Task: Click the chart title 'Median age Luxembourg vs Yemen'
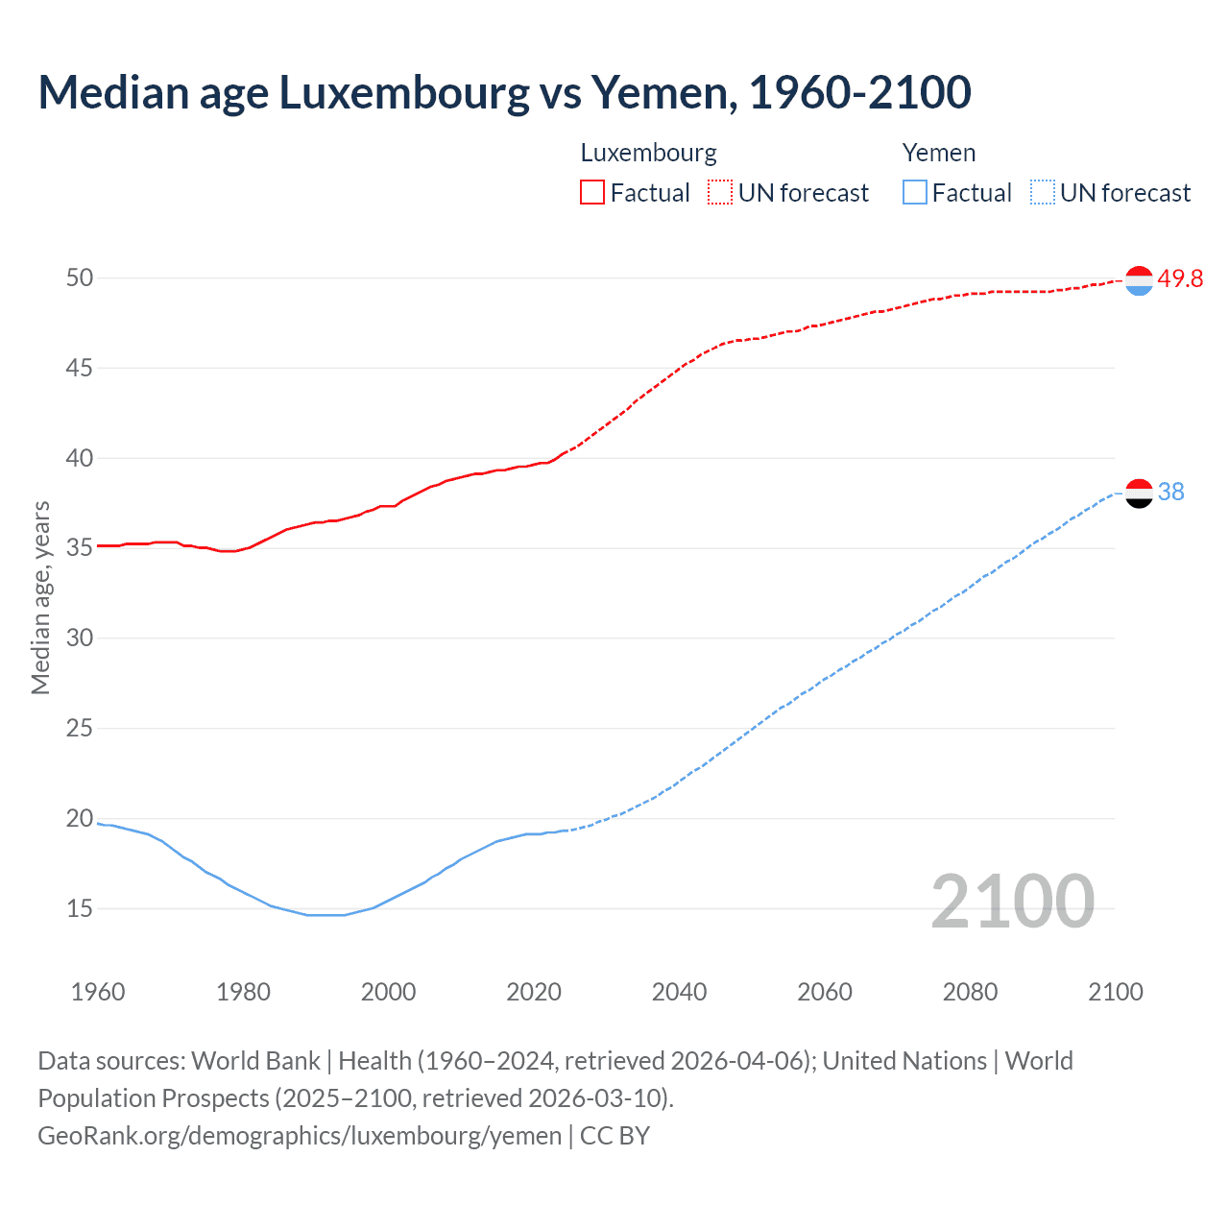tap(504, 92)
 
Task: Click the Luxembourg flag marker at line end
tap(1139, 280)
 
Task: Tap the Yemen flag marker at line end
tap(1139, 493)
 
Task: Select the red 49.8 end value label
tap(1180, 278)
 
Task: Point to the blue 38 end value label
tap(1170, 492)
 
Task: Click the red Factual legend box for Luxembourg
tap(592, 193)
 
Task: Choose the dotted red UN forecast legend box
tap(720, 193)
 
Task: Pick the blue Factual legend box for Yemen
tap(914, 193)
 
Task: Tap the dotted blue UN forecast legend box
tap(1042, 193)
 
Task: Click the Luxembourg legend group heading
tap(648, 153)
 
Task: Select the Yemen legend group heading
tap(938, 153)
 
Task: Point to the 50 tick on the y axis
tap(80, 278)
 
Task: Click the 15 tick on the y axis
tap(80, 908)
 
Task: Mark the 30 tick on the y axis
tap(80, 639)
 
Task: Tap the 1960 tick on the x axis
tap(98, 992)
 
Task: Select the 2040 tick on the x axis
tap(679, 992)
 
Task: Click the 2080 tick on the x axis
tap(970, 992)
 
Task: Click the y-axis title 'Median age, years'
tap(40, 597)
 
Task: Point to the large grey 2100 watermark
tap(1012, 901)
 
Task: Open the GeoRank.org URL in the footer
tap(300, 1136)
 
